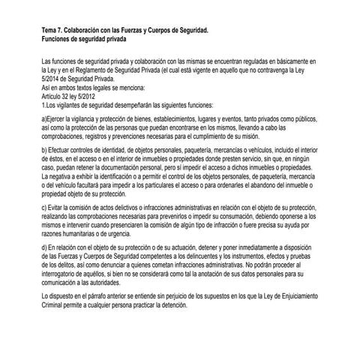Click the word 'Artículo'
point(54,95)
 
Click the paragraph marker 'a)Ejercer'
point(55,118)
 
